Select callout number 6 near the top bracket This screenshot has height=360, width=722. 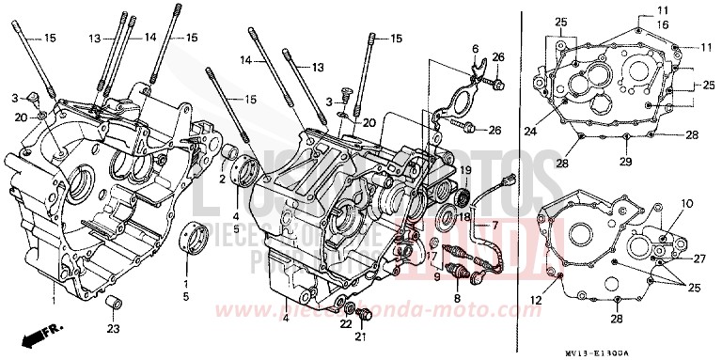click(476, 48)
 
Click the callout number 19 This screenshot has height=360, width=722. click(464, 168)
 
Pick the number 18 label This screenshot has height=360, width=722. click(464, 216)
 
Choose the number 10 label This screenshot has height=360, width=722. click(687, 203)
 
